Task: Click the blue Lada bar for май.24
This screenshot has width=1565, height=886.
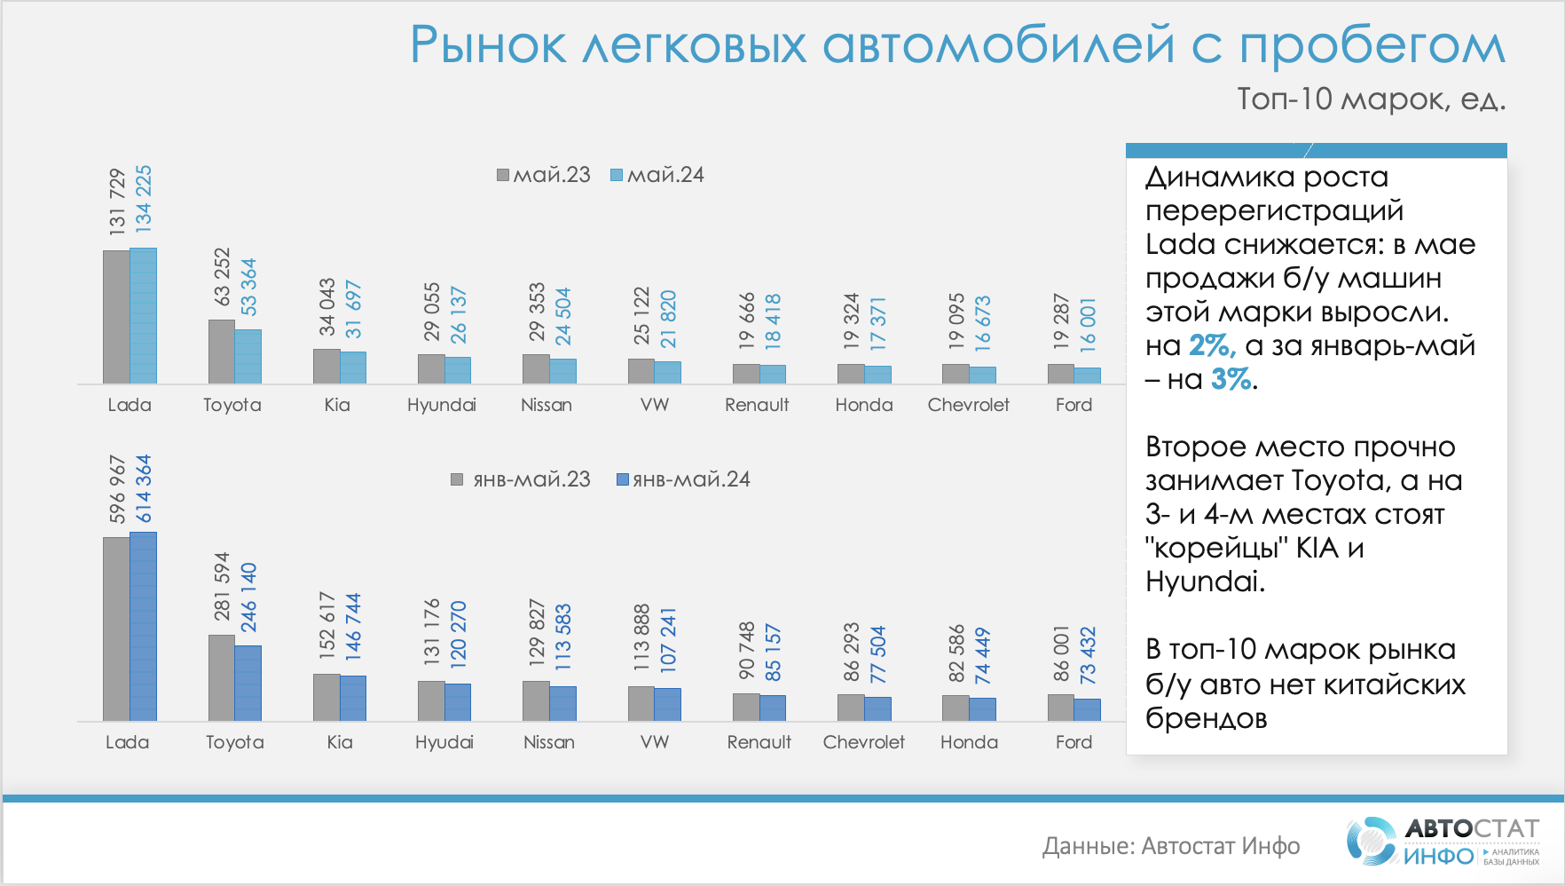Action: pyautogui.click(x=143, y=316)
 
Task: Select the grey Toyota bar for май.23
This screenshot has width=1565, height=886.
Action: pyautogui.click(x=221, y=352)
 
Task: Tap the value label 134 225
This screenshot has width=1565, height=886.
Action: pyautogui.click(x=143, y=199)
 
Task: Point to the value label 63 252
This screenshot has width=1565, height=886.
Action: pyautogui.click(x=222, y=276)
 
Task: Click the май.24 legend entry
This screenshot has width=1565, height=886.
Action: pyautogui.click(x=657, y=175)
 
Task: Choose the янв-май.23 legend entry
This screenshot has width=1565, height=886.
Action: pyautogui.click(x=521, y=479)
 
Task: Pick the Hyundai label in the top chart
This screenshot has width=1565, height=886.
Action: pyautogui.click(x=442, y=405)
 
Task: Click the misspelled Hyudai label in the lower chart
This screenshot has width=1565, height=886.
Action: pyautogui.click(x=444, y=742)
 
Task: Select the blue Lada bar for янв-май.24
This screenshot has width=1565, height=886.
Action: pyautogui.click(x=143, y=626)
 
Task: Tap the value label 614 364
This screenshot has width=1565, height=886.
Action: pyautogui.click(x=143, y=489)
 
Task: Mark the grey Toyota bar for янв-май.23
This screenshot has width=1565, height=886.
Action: pyautogui.click(x=221, y=677)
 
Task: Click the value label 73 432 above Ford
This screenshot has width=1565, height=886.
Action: pyautogui.click(x=1088, y=655)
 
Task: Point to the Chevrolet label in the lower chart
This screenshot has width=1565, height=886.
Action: pyautogui.click(x=863, y=742)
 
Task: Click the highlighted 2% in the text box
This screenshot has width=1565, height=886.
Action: pyautogui.click(x=1211, y=345)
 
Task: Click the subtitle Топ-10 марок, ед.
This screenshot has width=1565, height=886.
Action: pyautogui.click(x=1371, y=99)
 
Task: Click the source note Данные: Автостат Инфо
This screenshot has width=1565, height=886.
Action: pyautogui.click(x=1171, y=846)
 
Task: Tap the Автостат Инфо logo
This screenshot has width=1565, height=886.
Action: pyautogui.click(x=1443, y=841)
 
